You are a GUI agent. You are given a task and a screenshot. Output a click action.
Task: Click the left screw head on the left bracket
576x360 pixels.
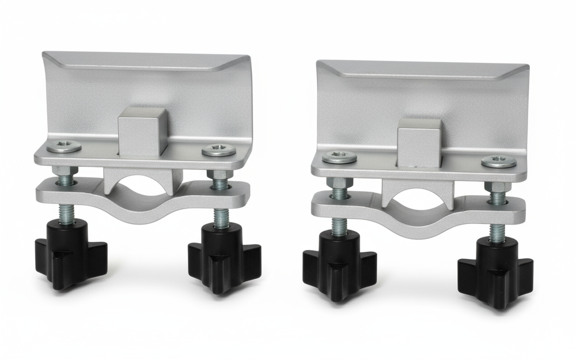pyautogui.click(x=64, y=146)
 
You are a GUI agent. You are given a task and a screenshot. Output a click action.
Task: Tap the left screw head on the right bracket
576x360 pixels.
pyautogui.click(x=339, y=157)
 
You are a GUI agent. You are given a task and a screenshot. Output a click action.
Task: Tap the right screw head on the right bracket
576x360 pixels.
pyautogui.click(x=498, y=162)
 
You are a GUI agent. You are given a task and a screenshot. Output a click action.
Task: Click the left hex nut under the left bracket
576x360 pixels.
pyautogui.click(x=65, y=171)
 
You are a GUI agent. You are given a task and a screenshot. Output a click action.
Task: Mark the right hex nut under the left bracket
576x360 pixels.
pyautogui.click(x=219, y=174)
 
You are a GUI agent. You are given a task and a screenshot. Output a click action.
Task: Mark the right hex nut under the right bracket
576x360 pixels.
pyautogui.click(x=498, y=187)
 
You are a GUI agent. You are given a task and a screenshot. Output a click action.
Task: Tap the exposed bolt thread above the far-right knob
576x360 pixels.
pyautogui.click(x=497, y=231)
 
